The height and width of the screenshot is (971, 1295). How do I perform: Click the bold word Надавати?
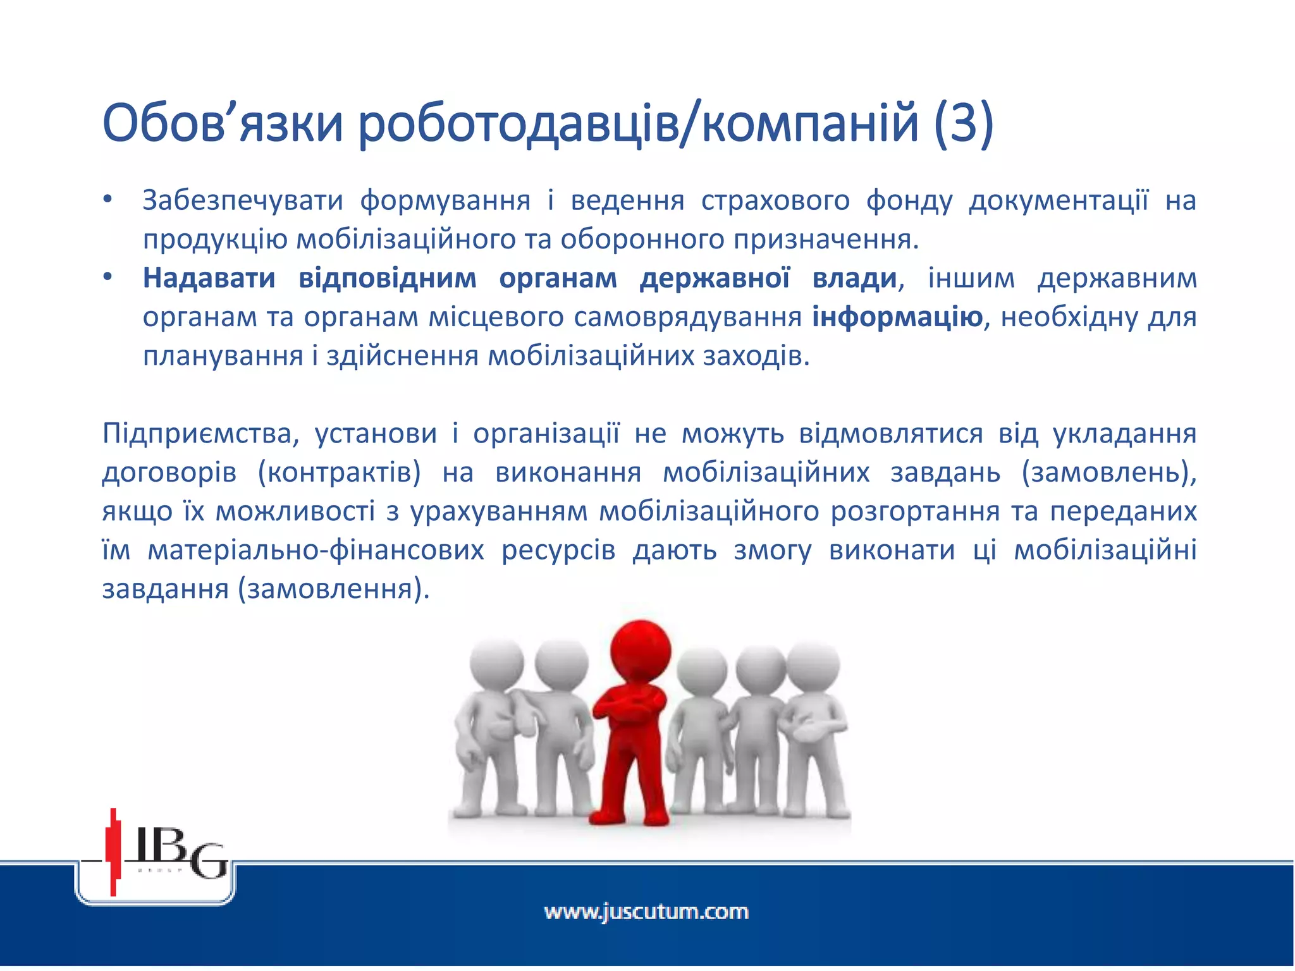point(209,278)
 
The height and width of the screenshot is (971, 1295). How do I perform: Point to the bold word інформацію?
point(897,317)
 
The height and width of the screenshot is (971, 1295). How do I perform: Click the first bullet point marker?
point(108,200)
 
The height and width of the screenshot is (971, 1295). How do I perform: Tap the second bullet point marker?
point(108,278)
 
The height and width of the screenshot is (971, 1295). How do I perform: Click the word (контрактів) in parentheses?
point(340,473)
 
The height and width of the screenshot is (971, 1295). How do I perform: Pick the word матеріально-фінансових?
point(316,551)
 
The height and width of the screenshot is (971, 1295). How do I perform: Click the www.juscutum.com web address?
point(646,912)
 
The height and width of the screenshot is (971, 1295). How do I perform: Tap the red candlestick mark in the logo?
point(114,850)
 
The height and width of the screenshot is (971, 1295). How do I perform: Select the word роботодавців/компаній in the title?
point(639,124)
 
